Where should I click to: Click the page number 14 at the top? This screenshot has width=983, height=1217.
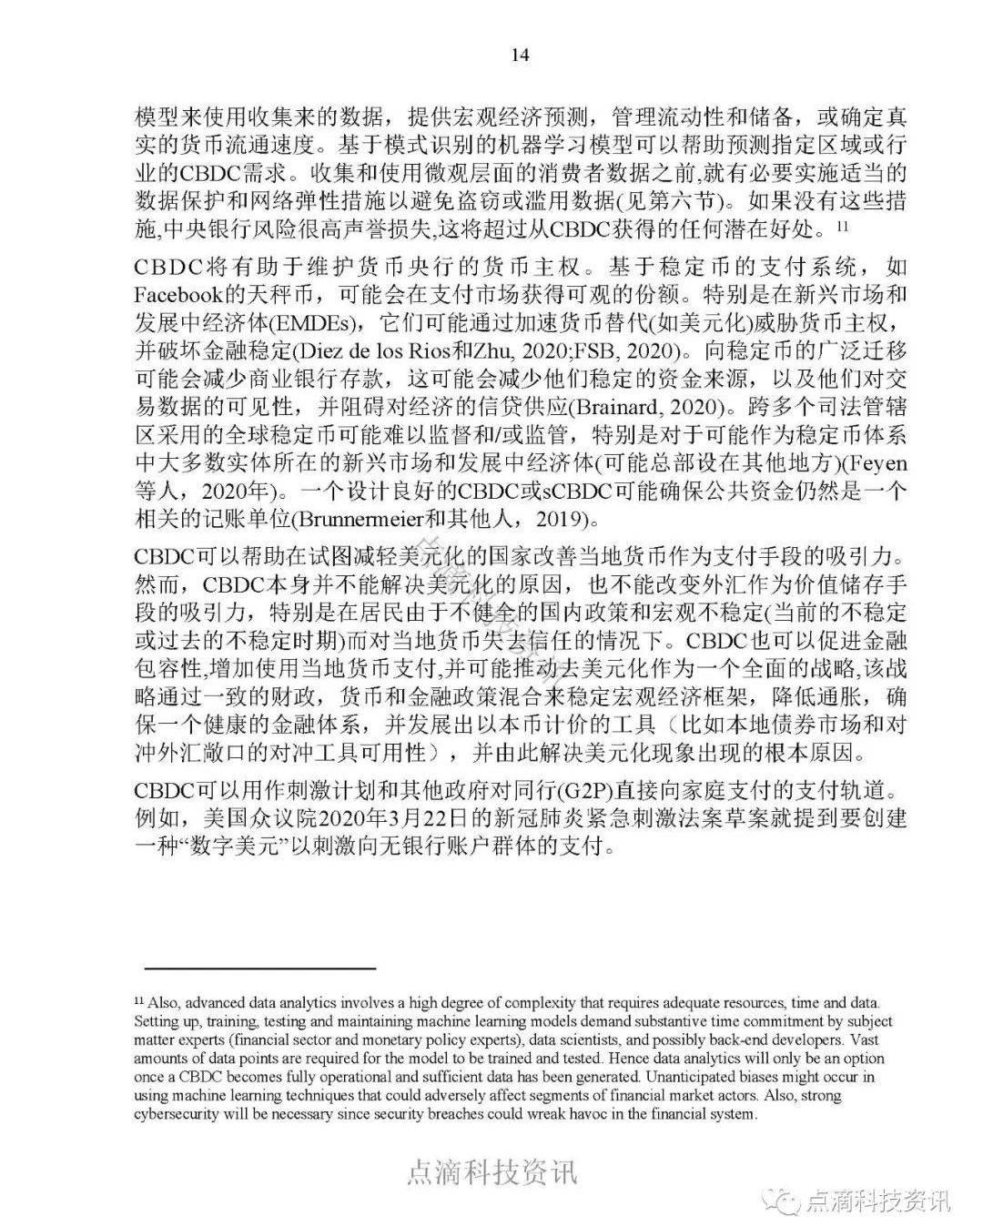coord(519,54)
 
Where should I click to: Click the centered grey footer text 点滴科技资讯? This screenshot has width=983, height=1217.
coord(491,1171)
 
